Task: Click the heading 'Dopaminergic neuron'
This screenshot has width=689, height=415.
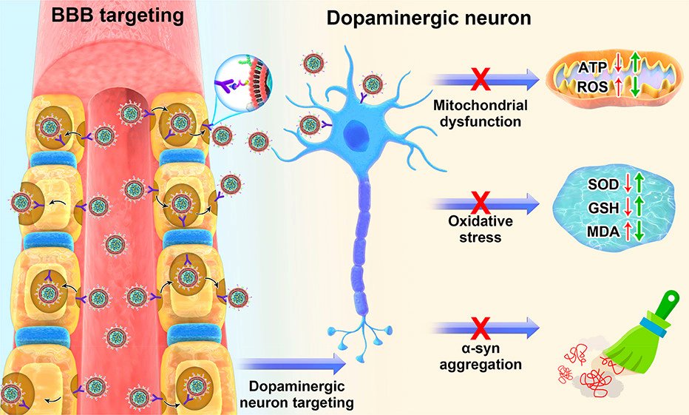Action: coord(429,18)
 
